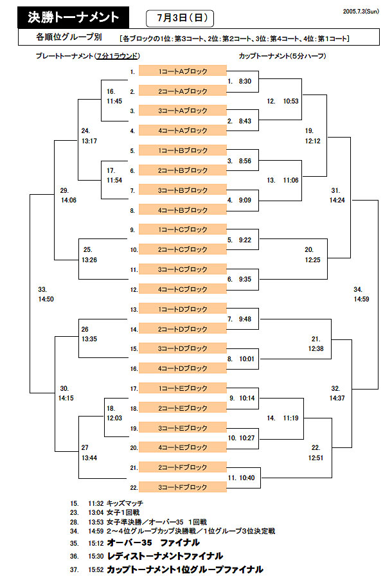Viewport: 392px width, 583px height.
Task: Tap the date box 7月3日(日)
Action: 181,18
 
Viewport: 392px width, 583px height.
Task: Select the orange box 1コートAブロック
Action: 183,71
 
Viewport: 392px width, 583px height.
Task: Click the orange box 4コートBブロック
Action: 183,210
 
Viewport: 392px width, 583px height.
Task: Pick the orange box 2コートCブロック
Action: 183,249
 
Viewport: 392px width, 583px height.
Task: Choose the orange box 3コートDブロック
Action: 183,348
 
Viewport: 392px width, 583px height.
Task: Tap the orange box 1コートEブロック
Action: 183,388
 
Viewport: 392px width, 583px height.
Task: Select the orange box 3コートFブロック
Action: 183,487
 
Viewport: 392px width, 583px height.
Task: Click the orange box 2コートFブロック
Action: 183,467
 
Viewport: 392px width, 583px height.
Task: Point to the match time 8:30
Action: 245,82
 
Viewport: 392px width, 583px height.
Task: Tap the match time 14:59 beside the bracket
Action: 361,299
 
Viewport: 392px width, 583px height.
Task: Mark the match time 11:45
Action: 114,102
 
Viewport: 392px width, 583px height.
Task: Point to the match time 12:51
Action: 316,458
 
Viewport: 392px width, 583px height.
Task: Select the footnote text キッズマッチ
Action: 125,503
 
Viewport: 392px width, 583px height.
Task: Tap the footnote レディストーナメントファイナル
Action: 165,556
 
